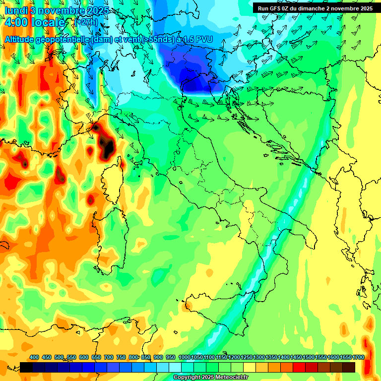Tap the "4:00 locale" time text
[34, 23]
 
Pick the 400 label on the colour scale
[34, 357]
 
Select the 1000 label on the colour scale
[184, 357]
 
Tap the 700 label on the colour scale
[109, 357]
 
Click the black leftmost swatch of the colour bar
[26, 367]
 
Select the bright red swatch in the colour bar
[299, 367]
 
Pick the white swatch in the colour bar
[175, 367]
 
